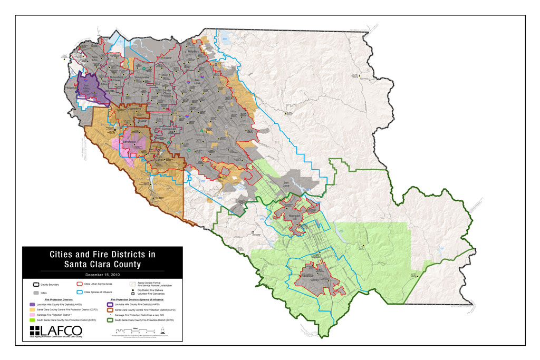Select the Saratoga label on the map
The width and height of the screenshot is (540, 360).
point(129,142)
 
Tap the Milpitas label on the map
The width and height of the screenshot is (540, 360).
point(193,51)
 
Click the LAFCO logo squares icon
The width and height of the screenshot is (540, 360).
point(35,330)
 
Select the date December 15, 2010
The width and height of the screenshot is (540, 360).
point(102,275)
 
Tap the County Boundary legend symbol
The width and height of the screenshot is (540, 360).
point(35,285)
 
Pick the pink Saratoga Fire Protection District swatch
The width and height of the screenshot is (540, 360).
point(33,314)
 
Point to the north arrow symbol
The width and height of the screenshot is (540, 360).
point(163,329)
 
